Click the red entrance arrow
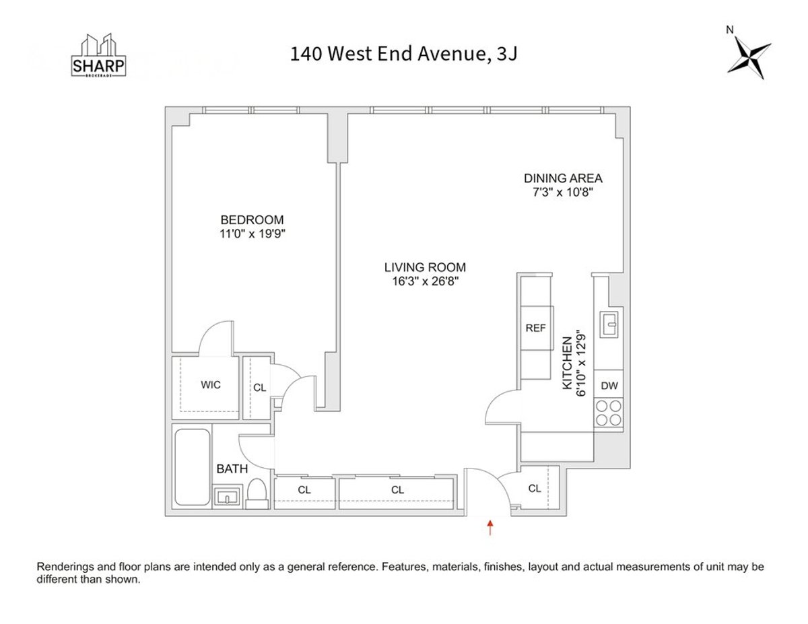point(490,527)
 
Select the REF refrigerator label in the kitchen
point(535,328)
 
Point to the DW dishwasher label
point(609,386)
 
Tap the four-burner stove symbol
point(609,413)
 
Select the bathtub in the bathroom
point(192,468)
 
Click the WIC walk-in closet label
point(211,385)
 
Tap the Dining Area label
point(563,178)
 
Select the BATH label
point(232,469)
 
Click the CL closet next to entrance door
point(535,489)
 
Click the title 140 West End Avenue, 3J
point(404,54)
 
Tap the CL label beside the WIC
point(259,387)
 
